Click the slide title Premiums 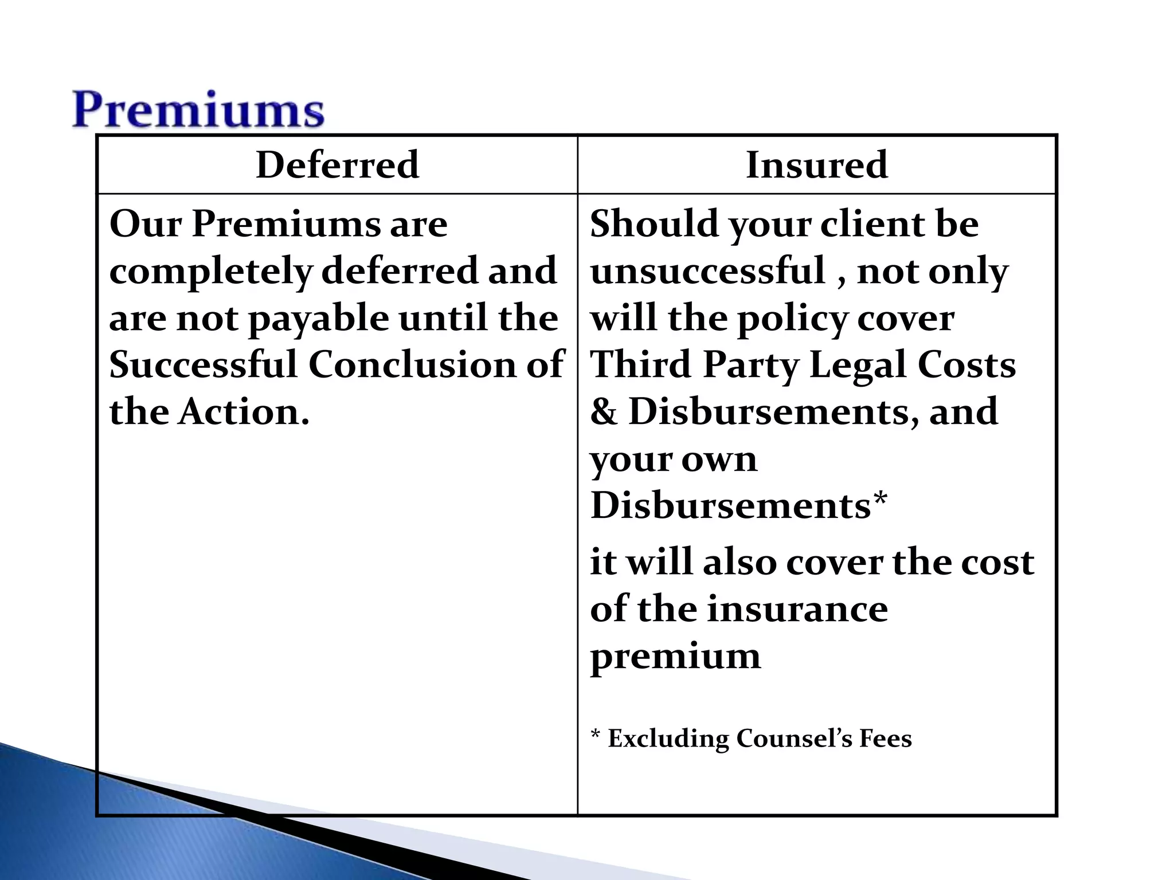pos(198,110)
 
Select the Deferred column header pos(337,165)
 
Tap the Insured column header pos(817,165)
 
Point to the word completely pos(210,272)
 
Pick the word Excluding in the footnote pos(668,738)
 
